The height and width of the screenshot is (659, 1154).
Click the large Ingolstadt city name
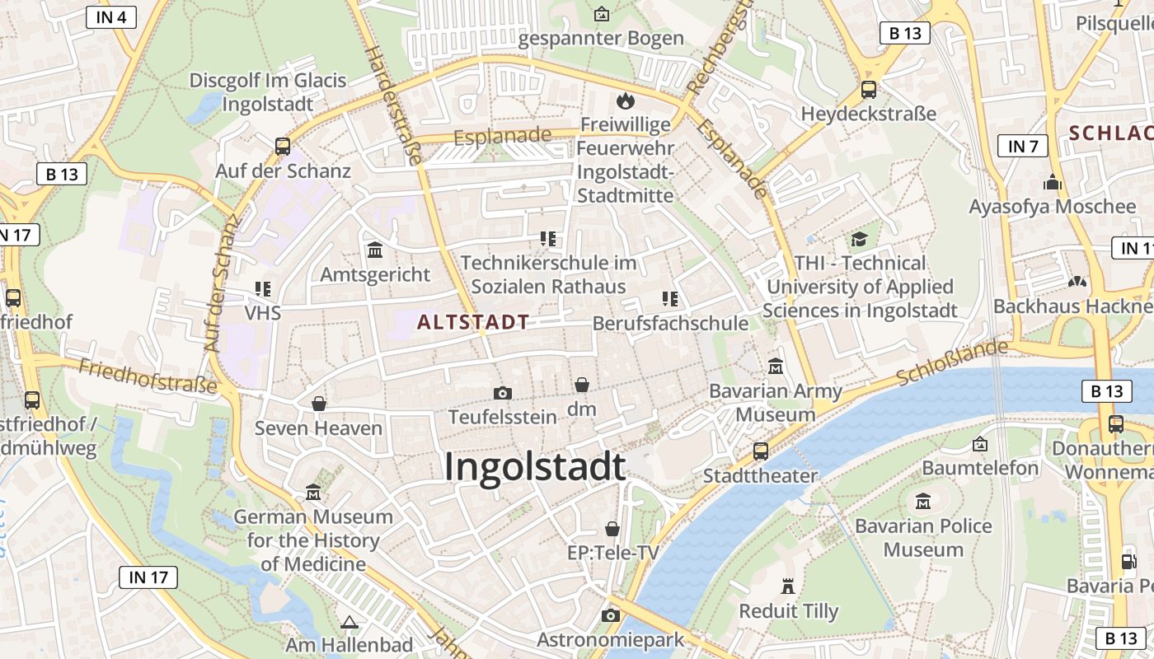[x=535, y=468]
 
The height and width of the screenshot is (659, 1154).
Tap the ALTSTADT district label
[x=473, y=322]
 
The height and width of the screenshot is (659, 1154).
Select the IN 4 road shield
[x=111, y=16]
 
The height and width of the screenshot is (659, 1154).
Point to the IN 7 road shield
[x=1023, y=147]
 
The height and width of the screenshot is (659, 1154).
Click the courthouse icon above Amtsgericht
[x=375, y=250]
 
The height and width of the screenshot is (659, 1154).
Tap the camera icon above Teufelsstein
[x=502, y=393]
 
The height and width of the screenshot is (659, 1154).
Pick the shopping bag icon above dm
[x=582, y=385]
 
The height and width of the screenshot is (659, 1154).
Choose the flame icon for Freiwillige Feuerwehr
[x=626, y=101]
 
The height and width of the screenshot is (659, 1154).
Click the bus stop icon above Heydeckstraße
[x=869, y=90]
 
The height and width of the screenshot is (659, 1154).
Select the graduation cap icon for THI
[x=860, y=240]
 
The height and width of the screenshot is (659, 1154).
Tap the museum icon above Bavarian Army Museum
[x=776, y=366]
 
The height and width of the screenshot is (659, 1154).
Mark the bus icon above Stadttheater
[x=760, y=451]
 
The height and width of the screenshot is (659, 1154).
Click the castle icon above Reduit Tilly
[x=788, y=587]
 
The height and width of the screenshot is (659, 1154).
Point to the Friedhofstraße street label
[x=148, y=375]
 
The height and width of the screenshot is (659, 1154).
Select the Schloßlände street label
[x=952, y=362]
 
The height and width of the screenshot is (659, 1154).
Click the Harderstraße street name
[x=392, y=104]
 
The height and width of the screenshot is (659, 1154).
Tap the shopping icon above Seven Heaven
[x=319, y=404]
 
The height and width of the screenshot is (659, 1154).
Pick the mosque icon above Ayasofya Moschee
[x=1053, y=182]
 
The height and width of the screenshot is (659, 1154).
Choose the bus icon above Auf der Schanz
[x=283, y=147]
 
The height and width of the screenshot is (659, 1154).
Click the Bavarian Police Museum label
[x=923, y=537]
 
